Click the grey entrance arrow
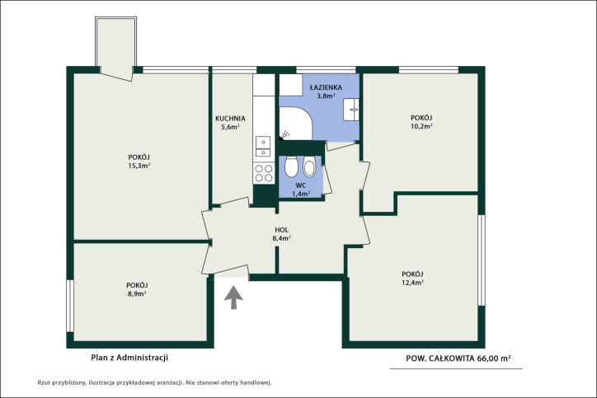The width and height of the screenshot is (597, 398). click(233, 297)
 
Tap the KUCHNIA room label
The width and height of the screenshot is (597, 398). click(230, 119)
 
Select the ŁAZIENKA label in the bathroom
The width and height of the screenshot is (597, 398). click(326, 87)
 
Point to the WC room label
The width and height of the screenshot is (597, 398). click(301, 185)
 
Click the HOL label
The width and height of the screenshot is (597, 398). click(282, 230)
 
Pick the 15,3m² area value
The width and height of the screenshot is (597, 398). click(139, 166)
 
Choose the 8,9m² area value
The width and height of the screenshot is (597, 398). click(137, 293)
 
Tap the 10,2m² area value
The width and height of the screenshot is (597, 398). click(421, 126)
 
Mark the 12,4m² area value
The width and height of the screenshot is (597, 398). click(413, 283)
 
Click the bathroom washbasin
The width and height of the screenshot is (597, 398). click(350, 110)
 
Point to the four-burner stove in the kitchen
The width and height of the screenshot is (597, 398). click(264, 173)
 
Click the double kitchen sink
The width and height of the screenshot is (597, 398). click(263, 146)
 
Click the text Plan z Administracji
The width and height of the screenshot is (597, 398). click(129, 358)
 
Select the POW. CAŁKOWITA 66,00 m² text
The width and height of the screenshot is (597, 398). click(458, 358)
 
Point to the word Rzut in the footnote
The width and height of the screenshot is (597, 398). click(44, 383)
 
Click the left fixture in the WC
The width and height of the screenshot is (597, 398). click(292, 166)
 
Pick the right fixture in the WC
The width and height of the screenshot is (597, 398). click(309, 166)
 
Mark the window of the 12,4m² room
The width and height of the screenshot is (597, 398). click(482, 260)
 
